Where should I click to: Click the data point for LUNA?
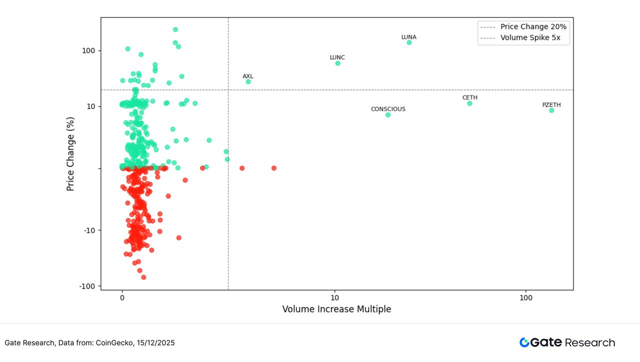pyautogui.click(x=409, y=42)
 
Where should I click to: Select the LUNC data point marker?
pyautogui.click(x=337, y=63)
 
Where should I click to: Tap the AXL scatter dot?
pyautogui.click(x=248, y=81)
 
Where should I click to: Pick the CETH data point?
pyautogui.click(x=469, y=103)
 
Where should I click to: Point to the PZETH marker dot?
pyautogui.click(x=551, y=110)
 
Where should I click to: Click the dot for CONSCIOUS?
pyautogui.click(x=388, y=115)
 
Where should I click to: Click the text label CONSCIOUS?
pyautogui.click(x=388, y=109)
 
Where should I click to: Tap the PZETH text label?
pyautogui.click(x=551, y=105)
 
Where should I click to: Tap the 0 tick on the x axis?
pyautogui.click(x=122, y=297)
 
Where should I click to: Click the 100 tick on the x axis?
pyautogui.click(x=526, y=297)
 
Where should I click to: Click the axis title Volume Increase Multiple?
pyautogui.click(x=336, y=309)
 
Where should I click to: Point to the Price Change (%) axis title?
pyautogui.click(x=70, y=154)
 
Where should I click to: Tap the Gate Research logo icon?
pyautogui.click(x=524, y=342)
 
